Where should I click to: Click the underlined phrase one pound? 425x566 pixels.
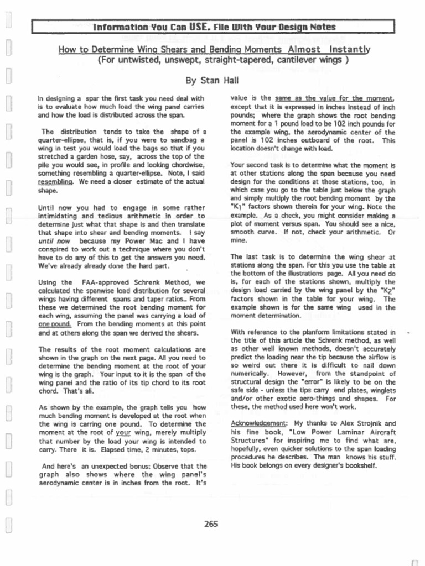click(x=52, y=324)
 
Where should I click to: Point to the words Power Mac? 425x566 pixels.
click(x=146, y=241)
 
